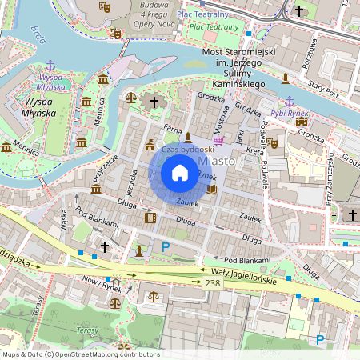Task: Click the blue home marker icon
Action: tap(180, 173)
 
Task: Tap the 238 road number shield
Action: tap(212, 283)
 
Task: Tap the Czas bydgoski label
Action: tap(187, 149)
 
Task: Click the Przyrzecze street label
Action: tap(105, 167)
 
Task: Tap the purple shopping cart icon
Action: tap(218, 140)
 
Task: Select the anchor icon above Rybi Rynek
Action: tap(290, 101)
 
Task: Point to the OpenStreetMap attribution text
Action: tap(80, 354)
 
